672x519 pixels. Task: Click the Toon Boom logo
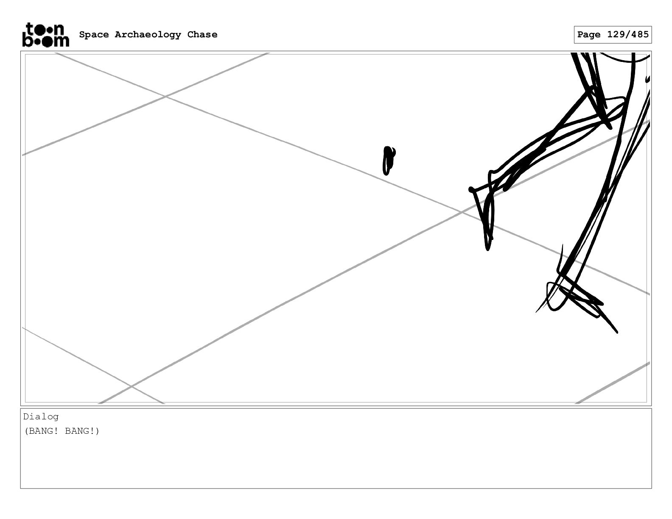pyautogui.click(x=45, y=35)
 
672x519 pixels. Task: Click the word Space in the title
pyautogui.click(x=94, y=35)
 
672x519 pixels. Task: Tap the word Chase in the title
pyautogui.click(x=202, y=35)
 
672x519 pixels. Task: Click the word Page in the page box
pyautogui.click(x=589, y=35)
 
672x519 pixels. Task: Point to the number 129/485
pyautogui.click(x=628, y=35)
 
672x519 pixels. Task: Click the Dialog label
pyautogui.click(x=41, y=417)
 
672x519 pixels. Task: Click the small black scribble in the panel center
pyautogui.click(x=388, y=160)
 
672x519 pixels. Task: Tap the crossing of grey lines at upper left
pyautogui.click(x=165, y=97)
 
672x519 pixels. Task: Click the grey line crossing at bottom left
pyautogui.click(x=132, y=386)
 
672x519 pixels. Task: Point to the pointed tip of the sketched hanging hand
pyautogui.click(x=488, y=248)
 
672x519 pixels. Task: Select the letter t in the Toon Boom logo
pyautogui.click(x=30, y=29)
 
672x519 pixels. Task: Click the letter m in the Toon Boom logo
pyautogui.click(x=61, y=41)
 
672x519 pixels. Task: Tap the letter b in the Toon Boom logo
pyautogui.click(x=27, y=40)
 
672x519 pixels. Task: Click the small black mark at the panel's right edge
pyautogui.click(x=647, y=79)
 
